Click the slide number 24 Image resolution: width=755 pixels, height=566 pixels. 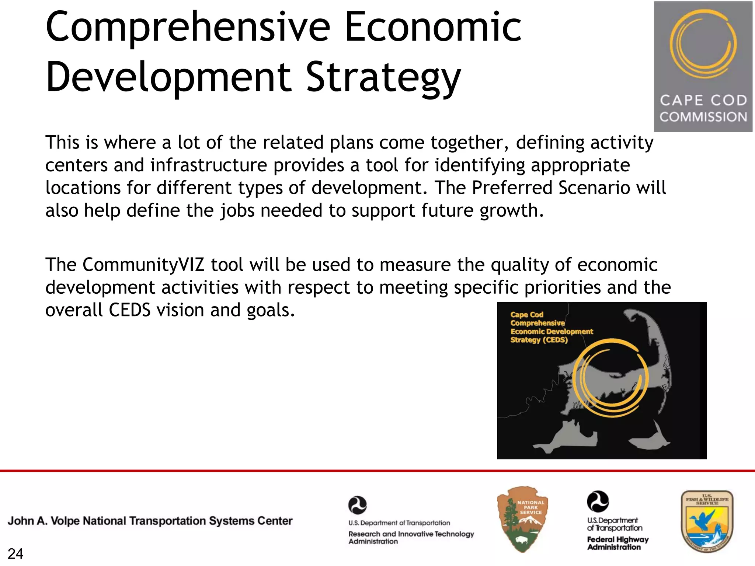click(15, 554)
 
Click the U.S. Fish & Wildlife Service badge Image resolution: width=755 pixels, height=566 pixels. click(707, 521)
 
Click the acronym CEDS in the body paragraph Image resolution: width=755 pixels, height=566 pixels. click(129, 310)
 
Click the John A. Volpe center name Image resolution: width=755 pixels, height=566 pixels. click(150, 521)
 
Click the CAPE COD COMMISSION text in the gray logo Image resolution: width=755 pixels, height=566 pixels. click(703, 108)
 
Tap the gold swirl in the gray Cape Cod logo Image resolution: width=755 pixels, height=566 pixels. click(703, 44)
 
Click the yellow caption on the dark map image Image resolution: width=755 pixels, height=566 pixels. click(551, 327)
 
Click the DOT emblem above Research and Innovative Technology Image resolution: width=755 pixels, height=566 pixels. click(357, 505)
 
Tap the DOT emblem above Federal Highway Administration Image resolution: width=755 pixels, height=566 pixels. click(598, 501)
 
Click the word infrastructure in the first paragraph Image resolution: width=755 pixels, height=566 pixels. click(208, 165)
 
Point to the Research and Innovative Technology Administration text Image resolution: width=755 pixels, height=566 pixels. click(411, 538)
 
